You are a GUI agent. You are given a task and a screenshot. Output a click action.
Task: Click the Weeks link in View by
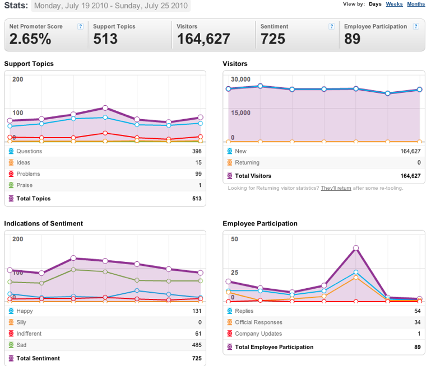tap(394, 4)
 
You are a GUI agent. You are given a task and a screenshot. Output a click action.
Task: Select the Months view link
tap(416, 4)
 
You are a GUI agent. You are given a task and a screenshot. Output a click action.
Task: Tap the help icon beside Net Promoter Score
tap(81, 26)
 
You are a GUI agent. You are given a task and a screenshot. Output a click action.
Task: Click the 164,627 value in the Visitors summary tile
tap(203, 39)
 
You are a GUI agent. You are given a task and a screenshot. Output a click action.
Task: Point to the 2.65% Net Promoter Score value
tap(30, 39)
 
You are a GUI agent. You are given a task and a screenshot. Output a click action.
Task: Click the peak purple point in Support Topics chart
tap(105, 108)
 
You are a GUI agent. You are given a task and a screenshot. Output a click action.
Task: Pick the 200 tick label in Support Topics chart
tap(17, 79)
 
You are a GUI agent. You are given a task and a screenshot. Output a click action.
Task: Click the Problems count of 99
tap(198, 174)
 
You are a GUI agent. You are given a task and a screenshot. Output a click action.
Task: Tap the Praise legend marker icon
tap(11, 185)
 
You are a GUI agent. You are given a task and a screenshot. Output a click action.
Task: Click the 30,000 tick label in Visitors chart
tap(240, 79)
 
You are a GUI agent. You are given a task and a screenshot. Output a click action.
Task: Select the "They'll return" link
tap(336, 188)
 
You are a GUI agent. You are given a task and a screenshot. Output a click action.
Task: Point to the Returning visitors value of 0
tap(419, 162)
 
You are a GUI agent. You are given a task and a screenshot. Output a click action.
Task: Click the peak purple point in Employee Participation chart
tap(356, 248)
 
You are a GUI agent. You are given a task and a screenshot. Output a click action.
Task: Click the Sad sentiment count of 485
tap(197, 345)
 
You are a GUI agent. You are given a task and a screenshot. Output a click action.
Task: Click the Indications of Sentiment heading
tap(43, 224)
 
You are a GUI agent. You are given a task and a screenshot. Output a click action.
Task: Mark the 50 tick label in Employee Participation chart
tap(234, 239)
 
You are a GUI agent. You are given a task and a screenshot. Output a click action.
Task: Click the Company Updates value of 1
tap(419, 334)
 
